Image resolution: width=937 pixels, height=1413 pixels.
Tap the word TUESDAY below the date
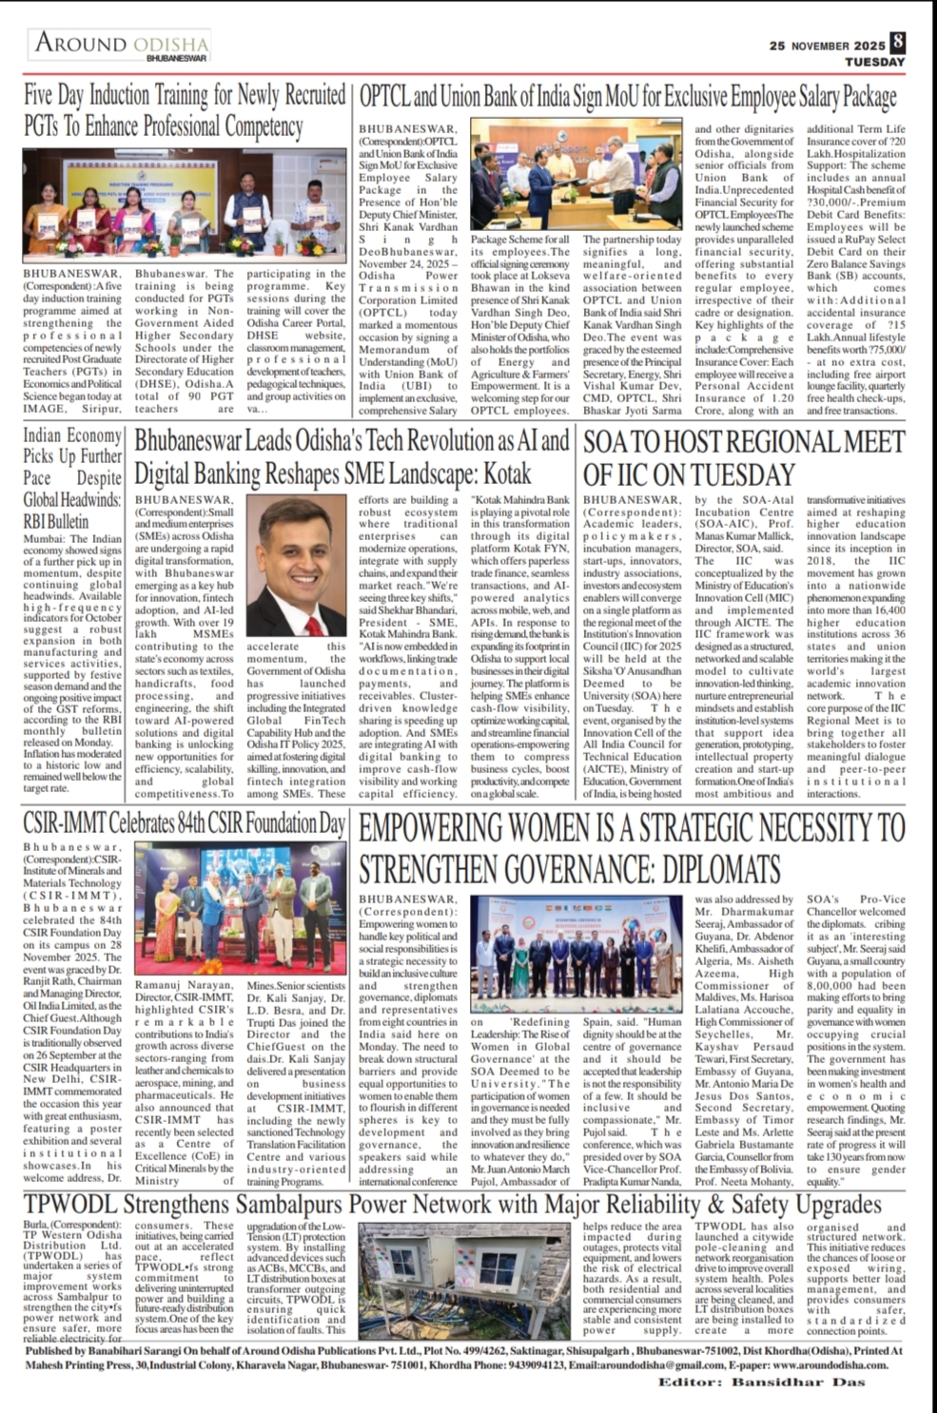coord(874,62)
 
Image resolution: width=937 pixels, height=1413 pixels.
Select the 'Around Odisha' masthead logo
coord(123,45)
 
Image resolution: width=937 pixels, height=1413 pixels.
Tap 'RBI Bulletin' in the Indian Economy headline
coord(56,521)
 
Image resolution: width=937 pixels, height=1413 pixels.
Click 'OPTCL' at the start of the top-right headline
coord(384,97)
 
